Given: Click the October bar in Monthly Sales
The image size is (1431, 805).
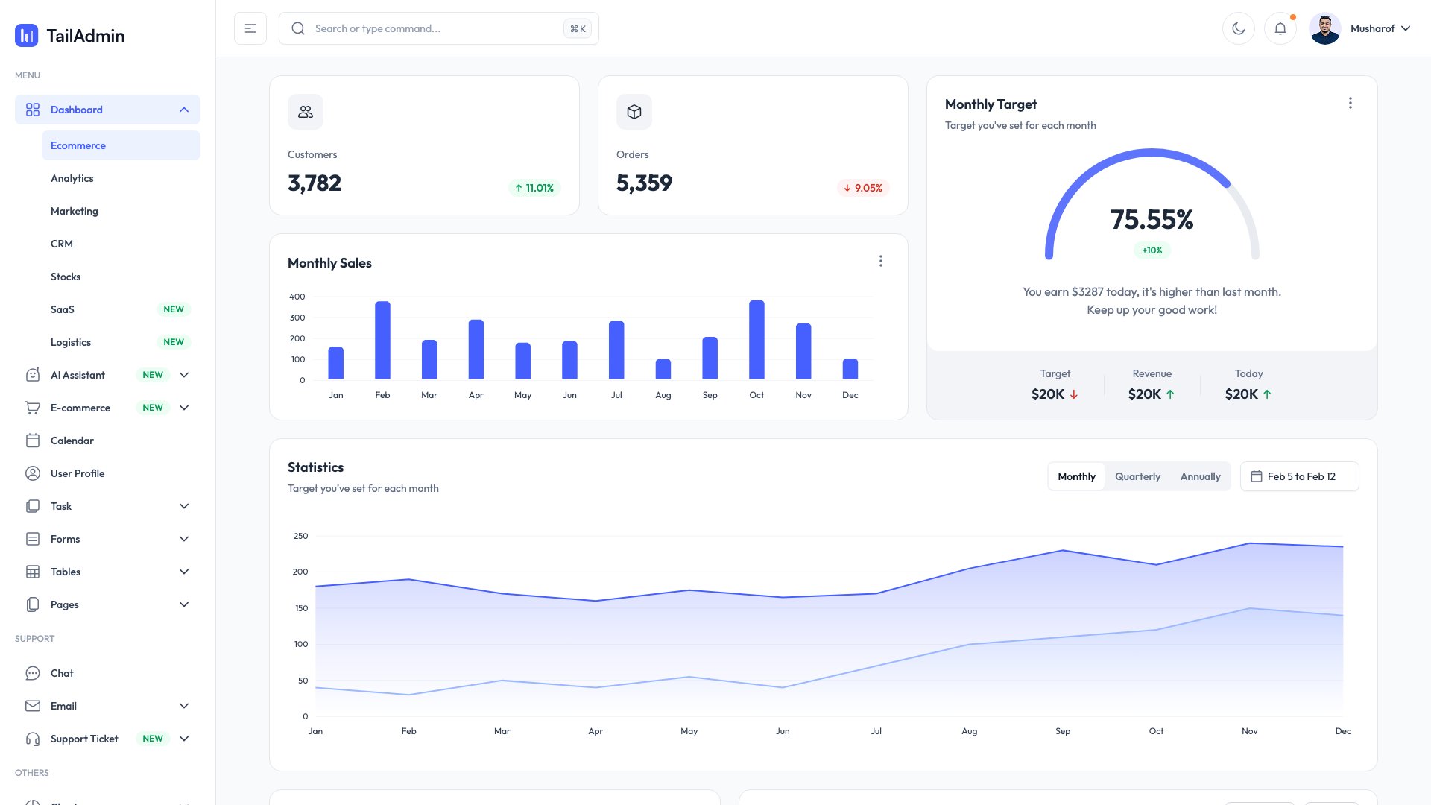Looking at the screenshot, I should [756, 340].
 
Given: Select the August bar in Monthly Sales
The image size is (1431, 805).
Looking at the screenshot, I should [663, 369].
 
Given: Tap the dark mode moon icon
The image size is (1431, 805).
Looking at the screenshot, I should [1239, 28].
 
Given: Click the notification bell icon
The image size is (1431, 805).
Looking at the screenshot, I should [1280, 28].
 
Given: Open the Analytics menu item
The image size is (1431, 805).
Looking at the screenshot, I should [72, 178].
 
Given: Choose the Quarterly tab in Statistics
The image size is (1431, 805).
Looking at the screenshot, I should [1137, 476].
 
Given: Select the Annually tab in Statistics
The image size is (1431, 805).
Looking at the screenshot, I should [1200, 476].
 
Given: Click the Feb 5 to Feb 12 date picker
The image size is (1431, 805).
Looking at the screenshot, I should [1300, 476].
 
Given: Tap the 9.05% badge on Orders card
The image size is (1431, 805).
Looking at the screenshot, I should [863, 188].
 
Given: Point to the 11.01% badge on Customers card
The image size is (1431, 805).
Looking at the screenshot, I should [534, 188].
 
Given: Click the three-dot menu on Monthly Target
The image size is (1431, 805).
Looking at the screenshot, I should [1350, 103].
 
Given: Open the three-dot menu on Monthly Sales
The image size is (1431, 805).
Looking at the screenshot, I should [880, 261].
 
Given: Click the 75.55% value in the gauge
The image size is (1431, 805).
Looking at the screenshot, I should [1152, 220].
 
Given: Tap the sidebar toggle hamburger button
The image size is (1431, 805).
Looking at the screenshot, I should [250, 28].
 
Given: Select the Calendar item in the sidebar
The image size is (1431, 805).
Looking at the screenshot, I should [72, 441].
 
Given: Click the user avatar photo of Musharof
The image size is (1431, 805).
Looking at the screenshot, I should [1325, 28].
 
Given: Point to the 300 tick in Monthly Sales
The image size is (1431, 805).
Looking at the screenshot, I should [297, 318].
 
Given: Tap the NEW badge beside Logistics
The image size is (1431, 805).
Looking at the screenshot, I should [174, 342].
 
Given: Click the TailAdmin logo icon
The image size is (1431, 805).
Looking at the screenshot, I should [27, 35].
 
